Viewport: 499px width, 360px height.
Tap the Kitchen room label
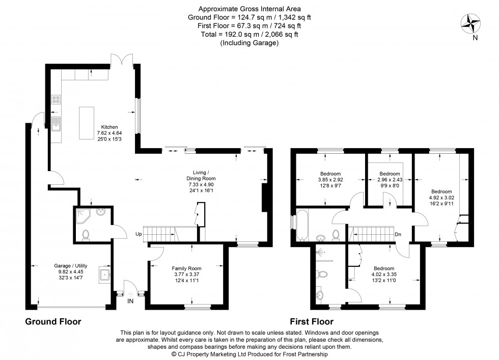[109, 127]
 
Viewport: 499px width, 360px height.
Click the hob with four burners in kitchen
[56, 100]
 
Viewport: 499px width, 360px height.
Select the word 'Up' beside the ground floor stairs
[138, 235]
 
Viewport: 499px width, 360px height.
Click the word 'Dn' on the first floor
[398, 235]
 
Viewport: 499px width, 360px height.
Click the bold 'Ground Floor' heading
[53, 322]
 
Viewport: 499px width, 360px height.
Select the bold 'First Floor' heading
[312, 322]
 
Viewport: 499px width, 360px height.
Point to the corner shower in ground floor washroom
[82, 216]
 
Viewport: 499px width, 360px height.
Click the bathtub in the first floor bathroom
[300, 224]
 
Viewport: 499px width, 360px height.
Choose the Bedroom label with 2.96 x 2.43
[390, 173]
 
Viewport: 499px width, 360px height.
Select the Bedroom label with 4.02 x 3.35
[383, 268]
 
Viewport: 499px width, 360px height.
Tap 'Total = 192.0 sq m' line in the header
[249, 35]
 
